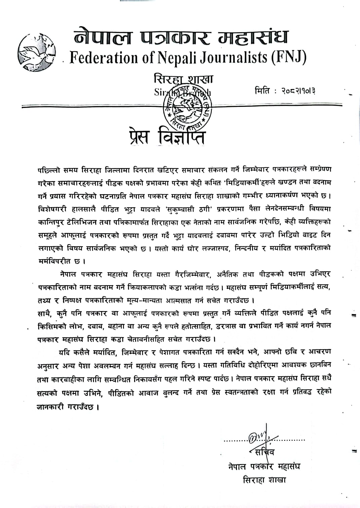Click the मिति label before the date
(263, 91)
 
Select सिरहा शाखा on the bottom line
(264, 480)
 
